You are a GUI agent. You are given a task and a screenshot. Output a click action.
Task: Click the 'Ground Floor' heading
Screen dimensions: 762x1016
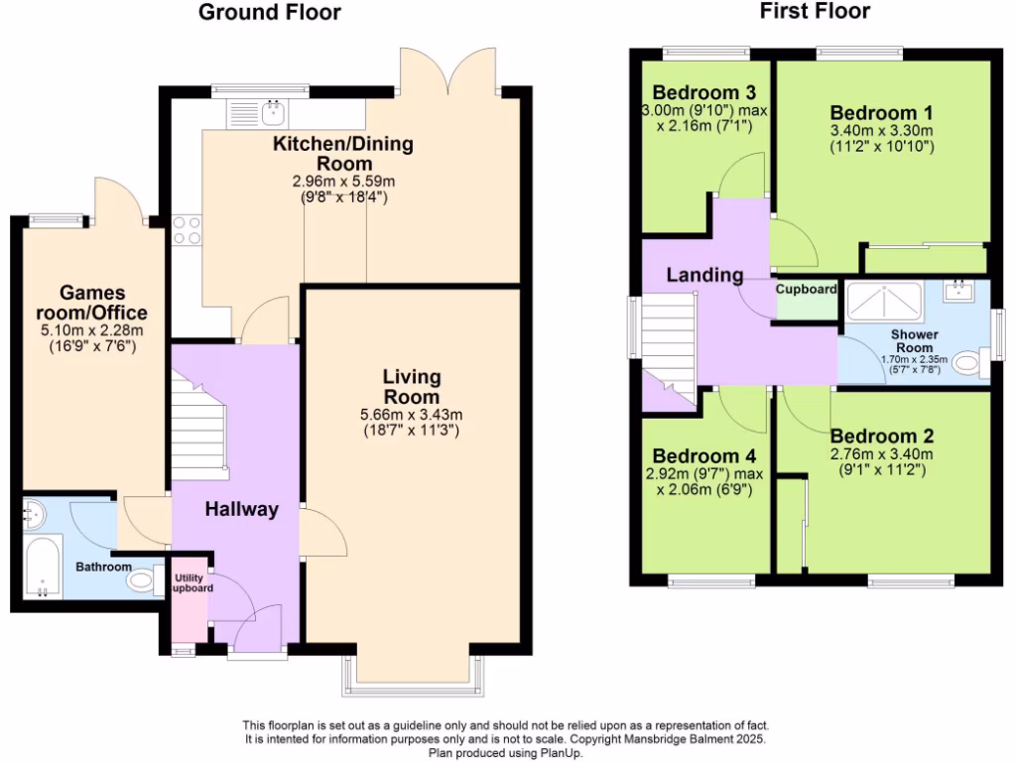pyautogui.click(x=269, y=13)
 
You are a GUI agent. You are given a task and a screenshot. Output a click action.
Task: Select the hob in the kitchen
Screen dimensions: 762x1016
pyautogui.click(x=187, y=230)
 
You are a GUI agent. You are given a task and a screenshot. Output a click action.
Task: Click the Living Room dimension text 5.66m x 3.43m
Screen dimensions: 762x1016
pyautogui.click(x=412, y=415)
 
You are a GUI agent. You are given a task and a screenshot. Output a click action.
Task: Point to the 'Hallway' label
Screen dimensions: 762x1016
pyautogui.click(x=241, y=509)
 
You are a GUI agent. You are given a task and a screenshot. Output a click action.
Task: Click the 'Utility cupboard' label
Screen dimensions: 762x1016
pyautogui.click(x=191, y=582)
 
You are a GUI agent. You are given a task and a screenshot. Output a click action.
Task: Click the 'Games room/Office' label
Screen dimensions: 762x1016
pyautogui.click(x=92, y=302)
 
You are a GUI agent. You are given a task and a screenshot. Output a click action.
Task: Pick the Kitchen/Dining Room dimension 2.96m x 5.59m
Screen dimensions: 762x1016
pyautogui.click(x=343, y=182)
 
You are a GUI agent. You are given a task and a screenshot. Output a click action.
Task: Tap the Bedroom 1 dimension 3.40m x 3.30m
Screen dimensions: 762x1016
pyautogui.click(x=882, y=130)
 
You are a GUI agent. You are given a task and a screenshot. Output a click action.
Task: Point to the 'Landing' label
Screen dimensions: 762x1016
pyautogui.click(x=704, y=275)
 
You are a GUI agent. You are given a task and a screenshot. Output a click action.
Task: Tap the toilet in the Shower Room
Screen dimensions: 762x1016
pyautogui.click(x=968, y=364)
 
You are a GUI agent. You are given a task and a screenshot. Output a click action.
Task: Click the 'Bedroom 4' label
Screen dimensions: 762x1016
pyautogui.click(x=703, y=455)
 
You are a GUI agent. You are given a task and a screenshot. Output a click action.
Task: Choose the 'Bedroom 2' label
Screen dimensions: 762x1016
pyautogui.click(x=882, y=436)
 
